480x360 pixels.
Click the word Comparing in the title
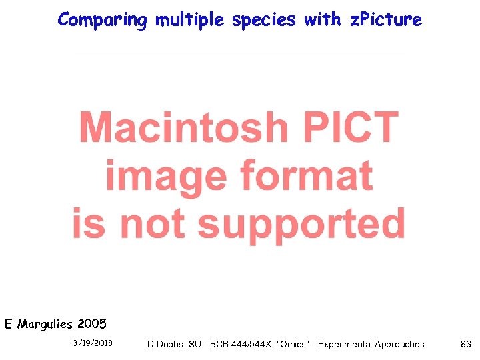102,20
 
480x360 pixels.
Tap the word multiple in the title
190,20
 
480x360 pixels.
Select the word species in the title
264,20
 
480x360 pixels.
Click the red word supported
301,223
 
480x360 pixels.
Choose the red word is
89,223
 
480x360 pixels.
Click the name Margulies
45,325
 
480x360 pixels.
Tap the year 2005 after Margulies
91,325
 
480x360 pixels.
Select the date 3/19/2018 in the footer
93,343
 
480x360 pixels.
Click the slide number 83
466,344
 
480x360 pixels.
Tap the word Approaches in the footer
399,344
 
